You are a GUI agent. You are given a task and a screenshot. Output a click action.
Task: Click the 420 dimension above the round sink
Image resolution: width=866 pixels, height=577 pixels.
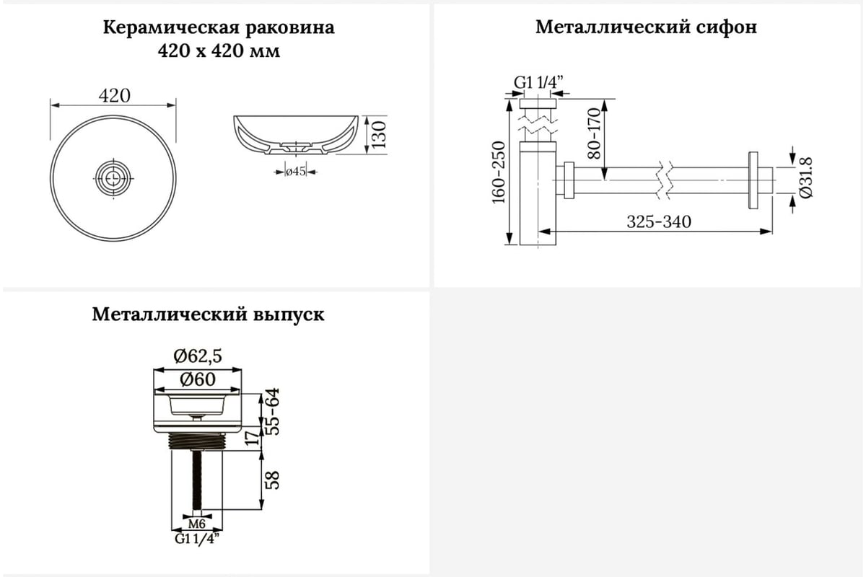[x=115, y=96]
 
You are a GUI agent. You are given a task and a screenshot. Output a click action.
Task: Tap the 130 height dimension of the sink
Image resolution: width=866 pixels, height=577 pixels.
[x=380, y=134]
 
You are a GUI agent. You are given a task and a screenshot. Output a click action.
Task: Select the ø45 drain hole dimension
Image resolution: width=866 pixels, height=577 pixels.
[x=296, y=171]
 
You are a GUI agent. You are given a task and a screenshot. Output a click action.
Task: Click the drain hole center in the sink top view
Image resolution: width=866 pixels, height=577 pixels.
[x=113, y=178]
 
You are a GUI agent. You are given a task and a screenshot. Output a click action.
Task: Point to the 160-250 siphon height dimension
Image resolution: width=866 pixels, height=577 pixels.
[x=499, y=172]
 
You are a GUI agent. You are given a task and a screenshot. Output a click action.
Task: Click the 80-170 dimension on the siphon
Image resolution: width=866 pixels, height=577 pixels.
[x=594, y=133]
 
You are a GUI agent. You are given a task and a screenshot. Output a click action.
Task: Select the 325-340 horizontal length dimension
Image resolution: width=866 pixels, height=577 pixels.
[x=659, y=222]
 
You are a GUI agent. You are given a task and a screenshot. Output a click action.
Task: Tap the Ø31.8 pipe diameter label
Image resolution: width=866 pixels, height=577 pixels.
[x=806, y=177]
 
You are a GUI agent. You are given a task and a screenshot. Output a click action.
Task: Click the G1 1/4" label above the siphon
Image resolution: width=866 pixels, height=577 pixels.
[x=538, y=82]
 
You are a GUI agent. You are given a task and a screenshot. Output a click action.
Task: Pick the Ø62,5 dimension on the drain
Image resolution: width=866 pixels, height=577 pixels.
[x=198, y=356]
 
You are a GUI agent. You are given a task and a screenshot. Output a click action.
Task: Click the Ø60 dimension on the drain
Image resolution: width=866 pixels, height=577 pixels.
[x=198, y=379]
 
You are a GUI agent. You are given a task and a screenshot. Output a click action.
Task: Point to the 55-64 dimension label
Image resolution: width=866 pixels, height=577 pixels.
[x=274, y=412]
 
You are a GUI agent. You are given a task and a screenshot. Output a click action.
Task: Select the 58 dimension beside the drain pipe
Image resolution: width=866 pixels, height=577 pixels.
[x=274, y=480]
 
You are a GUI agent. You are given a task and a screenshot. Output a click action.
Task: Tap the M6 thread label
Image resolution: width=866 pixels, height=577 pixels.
[x=197, y=524]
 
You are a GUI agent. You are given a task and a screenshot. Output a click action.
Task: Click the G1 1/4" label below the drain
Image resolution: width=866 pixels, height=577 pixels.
[x=197, y=538]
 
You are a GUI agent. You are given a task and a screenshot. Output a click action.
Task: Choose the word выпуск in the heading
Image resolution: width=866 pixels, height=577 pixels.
[x=289, y=314]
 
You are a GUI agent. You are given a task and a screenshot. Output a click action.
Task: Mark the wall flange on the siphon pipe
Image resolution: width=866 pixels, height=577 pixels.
[x=753, y=180]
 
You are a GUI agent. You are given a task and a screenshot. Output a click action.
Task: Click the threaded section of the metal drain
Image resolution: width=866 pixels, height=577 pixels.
[x=197, y=440]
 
